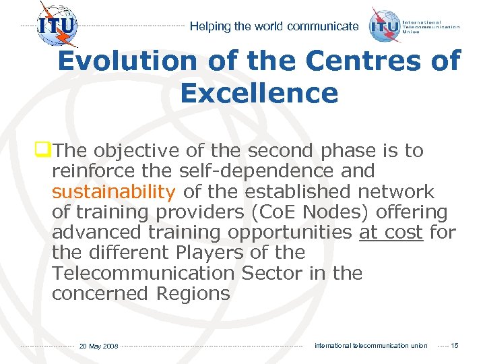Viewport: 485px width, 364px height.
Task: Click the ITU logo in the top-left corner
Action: (x=57, y=26)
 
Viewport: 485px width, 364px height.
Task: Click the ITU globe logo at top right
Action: (x=386, y=26)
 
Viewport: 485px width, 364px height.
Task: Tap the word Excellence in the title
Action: (x=259, y=93)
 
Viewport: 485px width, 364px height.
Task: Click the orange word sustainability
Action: (x=113, y=192)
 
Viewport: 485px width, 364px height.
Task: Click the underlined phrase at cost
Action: (x=391, y=233)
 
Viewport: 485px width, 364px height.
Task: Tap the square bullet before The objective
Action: (x=46, y=150)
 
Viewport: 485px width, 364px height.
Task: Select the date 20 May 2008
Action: (x=98, y=346)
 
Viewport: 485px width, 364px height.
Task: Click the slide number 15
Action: (x=454, y=346)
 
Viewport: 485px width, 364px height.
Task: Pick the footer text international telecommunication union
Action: (x=370, y=346)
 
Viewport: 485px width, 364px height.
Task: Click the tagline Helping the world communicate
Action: (x=274, y=27)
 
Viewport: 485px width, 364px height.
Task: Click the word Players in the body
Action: (x=206, y=253)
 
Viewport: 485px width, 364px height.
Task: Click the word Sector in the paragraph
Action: (x=265, y=274)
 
